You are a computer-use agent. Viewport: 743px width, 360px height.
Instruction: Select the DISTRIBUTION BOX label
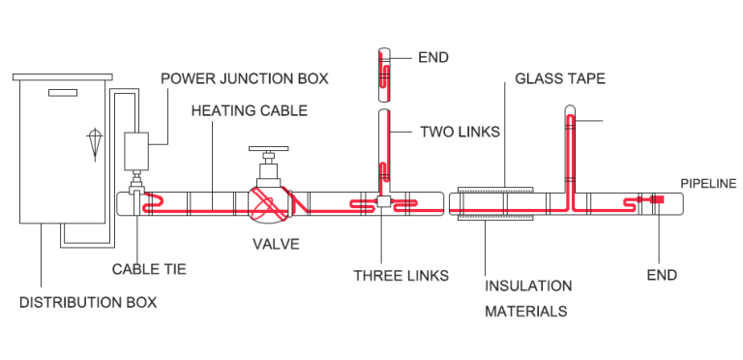coord(88,302)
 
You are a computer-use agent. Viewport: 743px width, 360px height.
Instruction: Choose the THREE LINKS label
coord(401,276)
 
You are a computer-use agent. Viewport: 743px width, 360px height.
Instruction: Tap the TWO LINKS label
coord(459,131)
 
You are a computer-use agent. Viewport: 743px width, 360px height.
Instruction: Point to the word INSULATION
coord(528,286)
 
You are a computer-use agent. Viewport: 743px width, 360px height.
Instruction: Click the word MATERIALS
coord(525,312)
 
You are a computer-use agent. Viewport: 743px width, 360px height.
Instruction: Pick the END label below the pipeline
coord(662,275)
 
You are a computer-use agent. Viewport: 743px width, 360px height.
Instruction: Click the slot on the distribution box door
coord(61,93)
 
